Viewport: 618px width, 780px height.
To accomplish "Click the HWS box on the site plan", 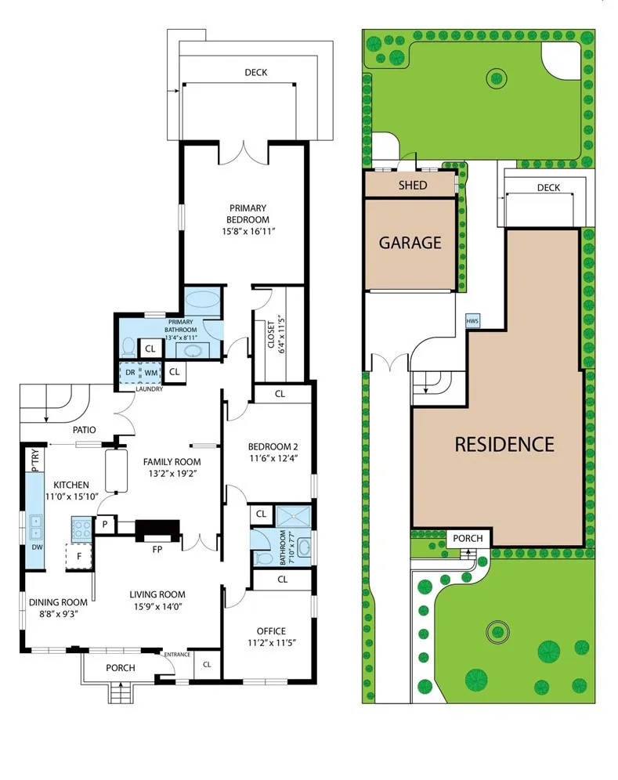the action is click(472, 321).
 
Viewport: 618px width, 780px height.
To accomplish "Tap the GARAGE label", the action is click(410, 243).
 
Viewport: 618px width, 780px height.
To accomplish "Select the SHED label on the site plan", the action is click(413, 186).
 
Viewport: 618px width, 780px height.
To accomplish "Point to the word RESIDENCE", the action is click(504, 444).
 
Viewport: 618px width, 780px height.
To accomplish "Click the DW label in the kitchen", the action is click(37, 547).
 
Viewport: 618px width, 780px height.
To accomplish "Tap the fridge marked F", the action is click(78, 556).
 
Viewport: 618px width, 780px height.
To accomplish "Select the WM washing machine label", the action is click(151, 373).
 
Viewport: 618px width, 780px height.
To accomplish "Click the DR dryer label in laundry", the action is click(130, 373).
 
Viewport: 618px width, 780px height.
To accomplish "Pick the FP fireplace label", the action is click(157, 550).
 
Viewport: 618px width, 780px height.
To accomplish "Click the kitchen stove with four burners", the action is click(81, 529).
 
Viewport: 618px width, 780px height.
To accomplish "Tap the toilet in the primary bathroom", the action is click(128, 347).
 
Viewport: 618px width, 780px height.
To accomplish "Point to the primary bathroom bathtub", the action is click(202, 300).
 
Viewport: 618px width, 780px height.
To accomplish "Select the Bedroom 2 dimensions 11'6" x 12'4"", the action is click(273, 458).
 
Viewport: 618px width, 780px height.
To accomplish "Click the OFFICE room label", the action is click(271, 631).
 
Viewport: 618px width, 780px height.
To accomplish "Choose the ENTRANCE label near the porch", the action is click(177, 655).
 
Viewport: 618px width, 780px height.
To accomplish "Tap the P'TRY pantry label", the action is click(34, 460).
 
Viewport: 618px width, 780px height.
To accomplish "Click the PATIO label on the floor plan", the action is click(85, 430).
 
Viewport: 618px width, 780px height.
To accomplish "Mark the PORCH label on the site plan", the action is click(468, 538).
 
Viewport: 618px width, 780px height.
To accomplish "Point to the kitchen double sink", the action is click(36, 527).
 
